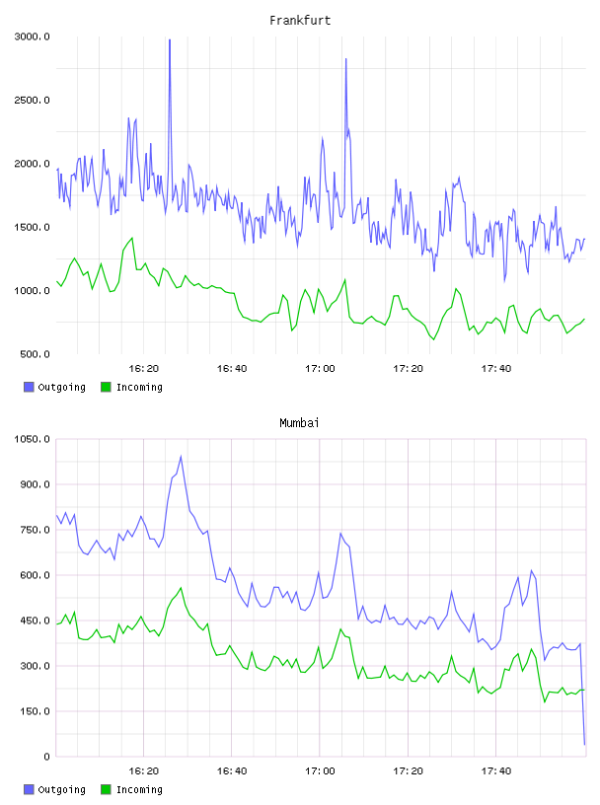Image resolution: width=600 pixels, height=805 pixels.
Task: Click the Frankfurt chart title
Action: [x=300, y=20]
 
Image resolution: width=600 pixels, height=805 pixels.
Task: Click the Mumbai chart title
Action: [x=299, y=422]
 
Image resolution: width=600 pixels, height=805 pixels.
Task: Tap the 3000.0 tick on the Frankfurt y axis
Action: [x=32, y=37]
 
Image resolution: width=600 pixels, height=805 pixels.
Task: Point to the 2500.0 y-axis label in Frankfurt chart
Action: [x=32, y=100]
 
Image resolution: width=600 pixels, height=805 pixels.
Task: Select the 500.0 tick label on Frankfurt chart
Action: [x=35, y=354]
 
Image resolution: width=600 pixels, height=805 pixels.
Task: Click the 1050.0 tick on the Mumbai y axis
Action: [x=32, y=439]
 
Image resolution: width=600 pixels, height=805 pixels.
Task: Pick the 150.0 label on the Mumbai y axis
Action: [x=35, y=711]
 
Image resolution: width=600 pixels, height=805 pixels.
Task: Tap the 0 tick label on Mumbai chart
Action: [x=46, y=757]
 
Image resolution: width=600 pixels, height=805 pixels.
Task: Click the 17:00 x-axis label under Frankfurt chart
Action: [x=320, y=369]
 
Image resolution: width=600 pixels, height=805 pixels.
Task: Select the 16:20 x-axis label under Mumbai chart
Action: [x=143, y=771]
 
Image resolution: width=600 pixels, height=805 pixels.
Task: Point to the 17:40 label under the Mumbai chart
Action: [x=495, y=771]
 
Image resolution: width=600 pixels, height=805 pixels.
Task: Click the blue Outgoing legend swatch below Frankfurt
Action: [x=29, y=387]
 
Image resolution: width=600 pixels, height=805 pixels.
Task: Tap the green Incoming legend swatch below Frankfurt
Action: [x=106, y=387]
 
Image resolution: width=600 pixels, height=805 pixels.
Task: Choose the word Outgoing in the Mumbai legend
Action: [x=61, y=789]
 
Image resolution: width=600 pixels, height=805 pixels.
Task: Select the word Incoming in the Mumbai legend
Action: [x=139, y=789]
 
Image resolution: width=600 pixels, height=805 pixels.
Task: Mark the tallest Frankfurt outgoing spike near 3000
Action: [x=170, y=40]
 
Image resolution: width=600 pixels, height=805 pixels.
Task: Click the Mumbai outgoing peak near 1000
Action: [x=181, y=457]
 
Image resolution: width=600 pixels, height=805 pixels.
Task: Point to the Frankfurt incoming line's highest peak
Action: [x=132, y=238]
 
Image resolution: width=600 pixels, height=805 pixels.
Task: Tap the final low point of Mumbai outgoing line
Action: [x=584, y=744]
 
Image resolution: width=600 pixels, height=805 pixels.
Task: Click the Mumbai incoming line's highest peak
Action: [x=181, y=588]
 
